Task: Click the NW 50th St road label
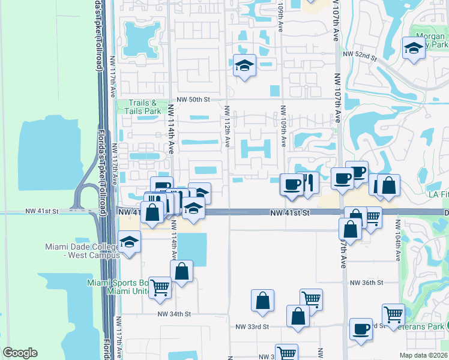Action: (195, 98)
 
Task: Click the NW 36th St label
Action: (366, 283)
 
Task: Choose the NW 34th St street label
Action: (174, 313)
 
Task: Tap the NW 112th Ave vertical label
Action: (228, 126)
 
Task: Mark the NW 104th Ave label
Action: (397, 240)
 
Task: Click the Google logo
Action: (20, 352)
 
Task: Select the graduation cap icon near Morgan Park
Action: (414, 48)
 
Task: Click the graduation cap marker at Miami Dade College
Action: (128, 242)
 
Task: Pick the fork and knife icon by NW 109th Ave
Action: (308, 183)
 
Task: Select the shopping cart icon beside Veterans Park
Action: (393, 313)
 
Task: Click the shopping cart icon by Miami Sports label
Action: (160, 287)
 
